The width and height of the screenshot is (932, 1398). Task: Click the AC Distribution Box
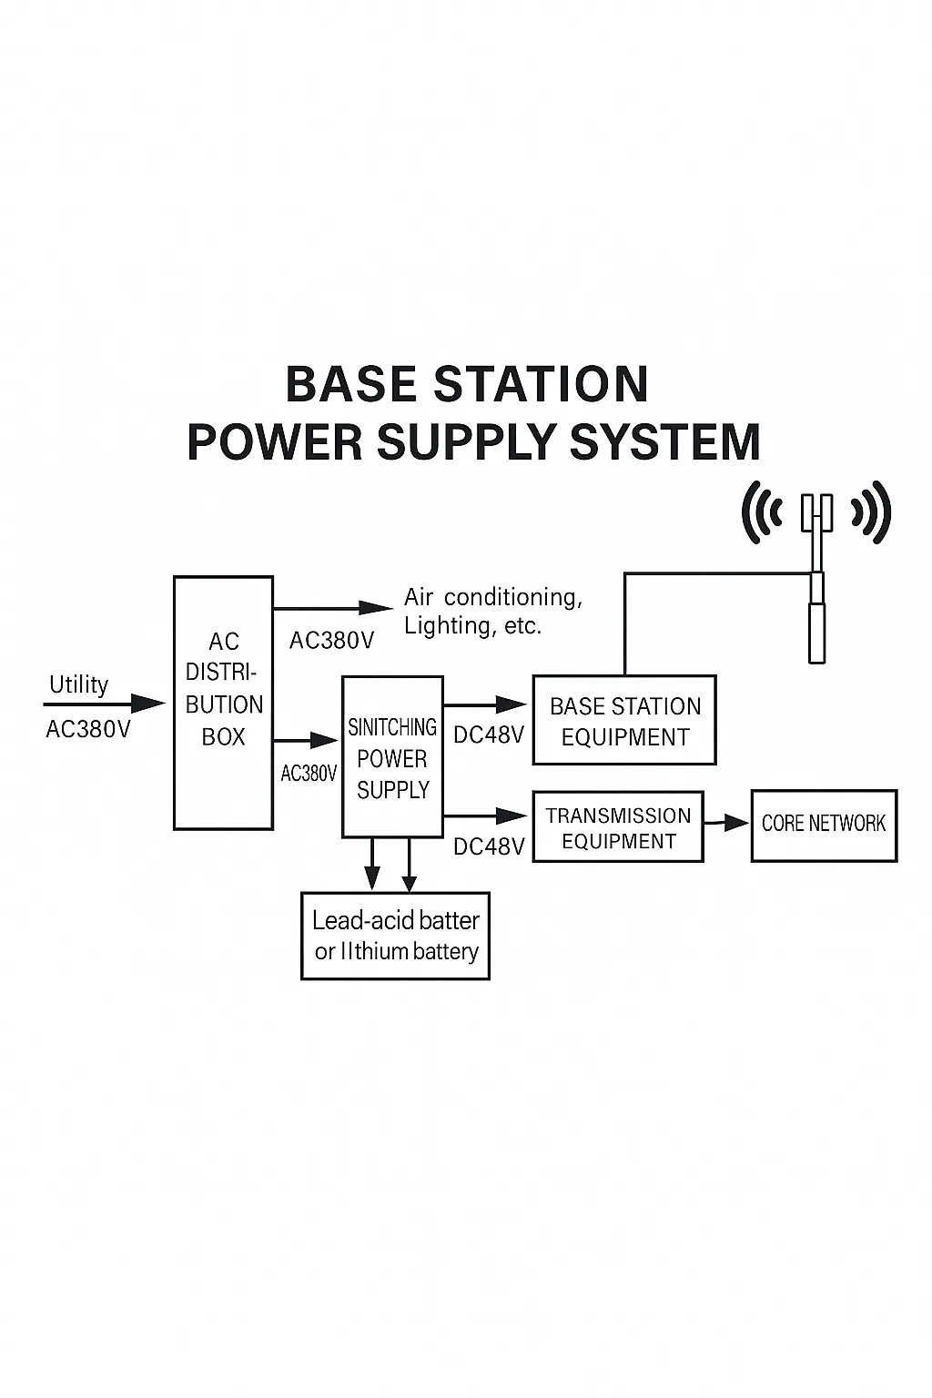coord(224,703)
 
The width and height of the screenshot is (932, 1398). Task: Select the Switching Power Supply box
coord(392,756)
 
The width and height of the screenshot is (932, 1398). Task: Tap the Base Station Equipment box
coord(624,720)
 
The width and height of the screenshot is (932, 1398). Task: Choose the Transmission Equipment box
coord(618,827)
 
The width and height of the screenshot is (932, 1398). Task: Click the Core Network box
coord(824,826)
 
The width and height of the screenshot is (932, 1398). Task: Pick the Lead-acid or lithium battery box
coord(395,937)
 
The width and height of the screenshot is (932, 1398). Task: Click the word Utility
coord(78,684)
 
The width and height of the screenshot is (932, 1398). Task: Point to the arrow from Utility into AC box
coord(105,704)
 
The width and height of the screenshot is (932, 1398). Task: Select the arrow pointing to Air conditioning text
coord(333,607)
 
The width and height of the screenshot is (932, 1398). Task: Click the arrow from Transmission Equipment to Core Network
coord(726,824)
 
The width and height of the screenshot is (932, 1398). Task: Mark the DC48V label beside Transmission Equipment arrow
coord(489,847)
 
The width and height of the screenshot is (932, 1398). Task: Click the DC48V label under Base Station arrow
coord(489,735)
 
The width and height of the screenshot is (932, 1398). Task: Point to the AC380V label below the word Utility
coord(88,730)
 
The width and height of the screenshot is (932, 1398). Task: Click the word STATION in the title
coord(541,384)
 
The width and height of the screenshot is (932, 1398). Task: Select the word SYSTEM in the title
coord(664,442)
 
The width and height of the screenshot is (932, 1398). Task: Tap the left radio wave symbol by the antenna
coord(761,512)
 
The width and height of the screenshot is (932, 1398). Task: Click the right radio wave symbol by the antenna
coord(871,512)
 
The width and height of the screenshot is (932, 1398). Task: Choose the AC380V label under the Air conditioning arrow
coord(331,641)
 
